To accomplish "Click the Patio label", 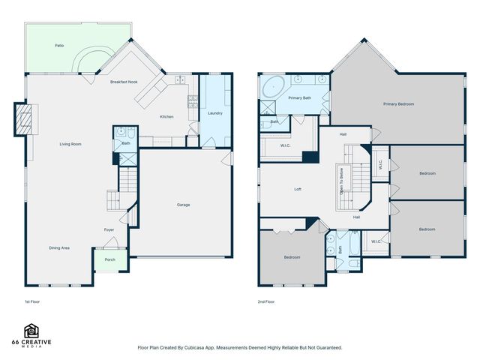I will tap(59, 46).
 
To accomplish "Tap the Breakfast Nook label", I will tap(124, 81).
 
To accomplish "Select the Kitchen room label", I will tap(166, 116).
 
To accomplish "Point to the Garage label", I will tap(183, 205).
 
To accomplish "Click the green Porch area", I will tap(110, 261).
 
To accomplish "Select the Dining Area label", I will tap(59, 247).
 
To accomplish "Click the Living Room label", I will tap(70, 144).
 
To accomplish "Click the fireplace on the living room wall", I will tap(24, 119).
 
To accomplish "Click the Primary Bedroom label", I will tap(398, 103).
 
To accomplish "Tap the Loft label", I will tap(298, 190).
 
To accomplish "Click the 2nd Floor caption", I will tap(266, 301).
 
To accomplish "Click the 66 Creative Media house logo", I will tap(32, 331).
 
